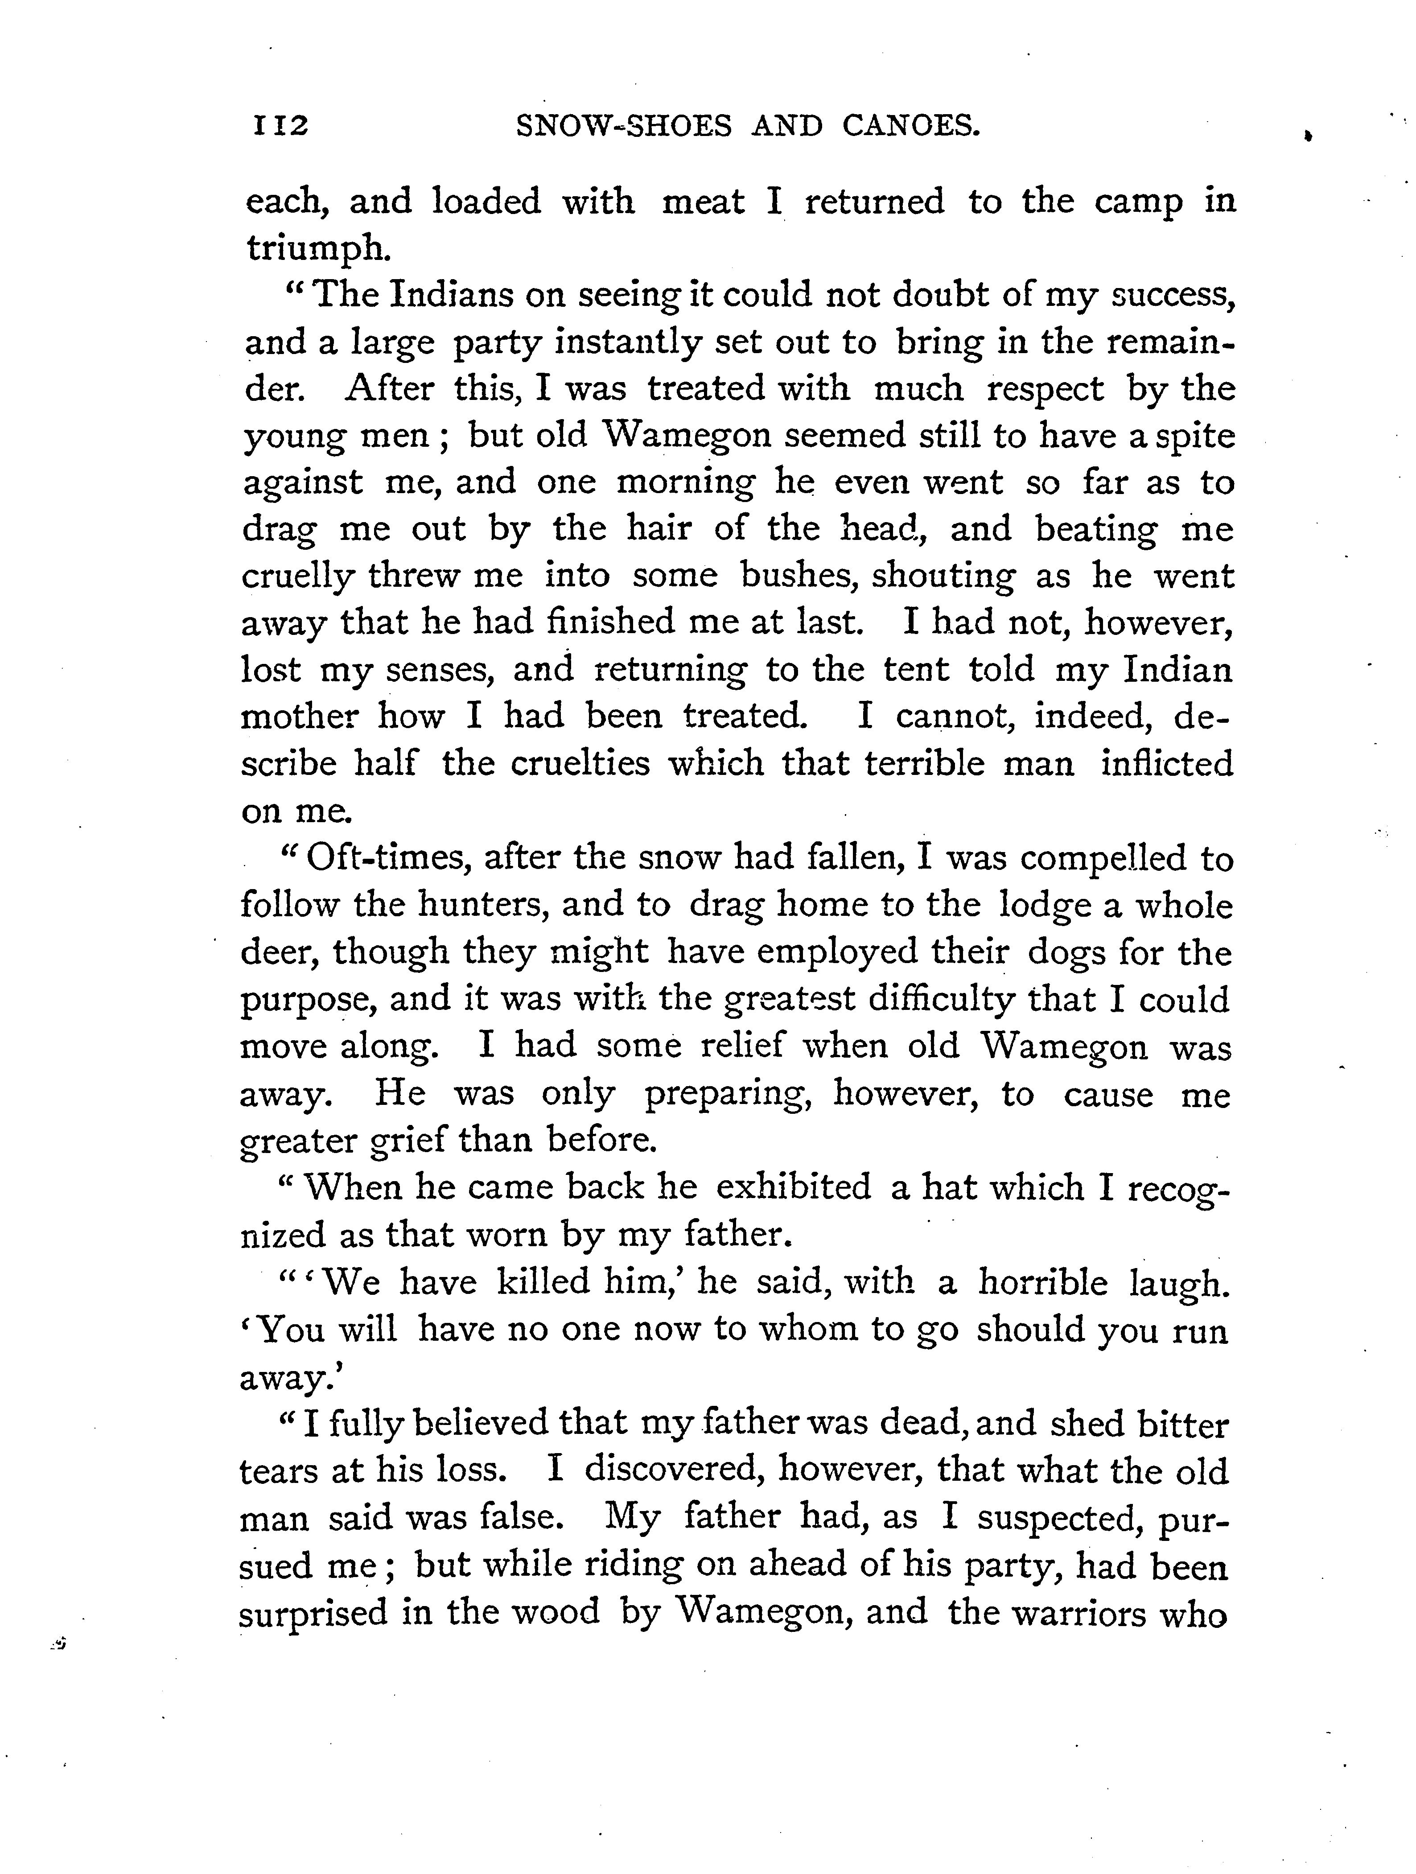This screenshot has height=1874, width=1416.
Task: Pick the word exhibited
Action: click(794, 1187)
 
